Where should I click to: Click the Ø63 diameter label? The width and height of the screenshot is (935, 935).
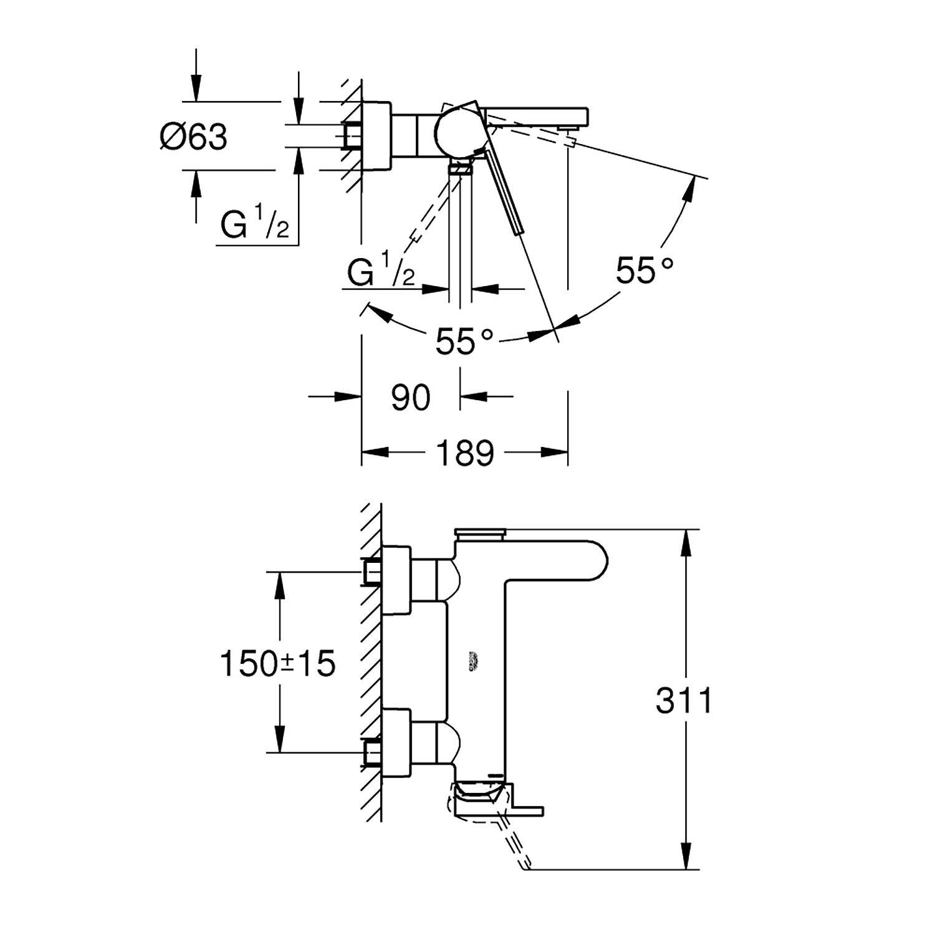(193, 137)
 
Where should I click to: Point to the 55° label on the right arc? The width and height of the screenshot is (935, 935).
(645, 271)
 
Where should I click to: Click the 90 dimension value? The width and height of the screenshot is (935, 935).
(411, 398)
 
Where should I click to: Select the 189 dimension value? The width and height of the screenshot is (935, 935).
(464, 453)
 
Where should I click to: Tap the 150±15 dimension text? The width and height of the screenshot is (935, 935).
(277, 663)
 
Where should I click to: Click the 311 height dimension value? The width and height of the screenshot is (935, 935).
(683, 701)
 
